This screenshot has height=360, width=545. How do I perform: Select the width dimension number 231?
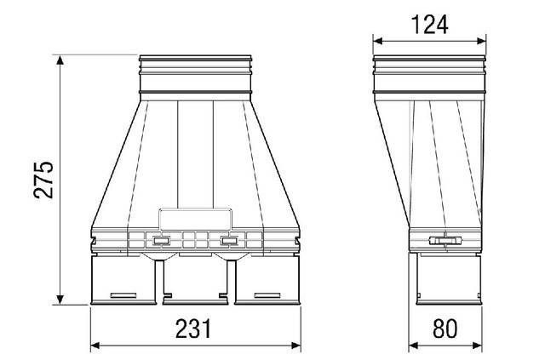[x=197, y=329]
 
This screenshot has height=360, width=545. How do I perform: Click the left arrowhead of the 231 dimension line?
[x=95, y=346]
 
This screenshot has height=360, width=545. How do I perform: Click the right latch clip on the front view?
[x=228, y=240]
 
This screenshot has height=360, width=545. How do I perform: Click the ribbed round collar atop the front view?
[x=195, y=74]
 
